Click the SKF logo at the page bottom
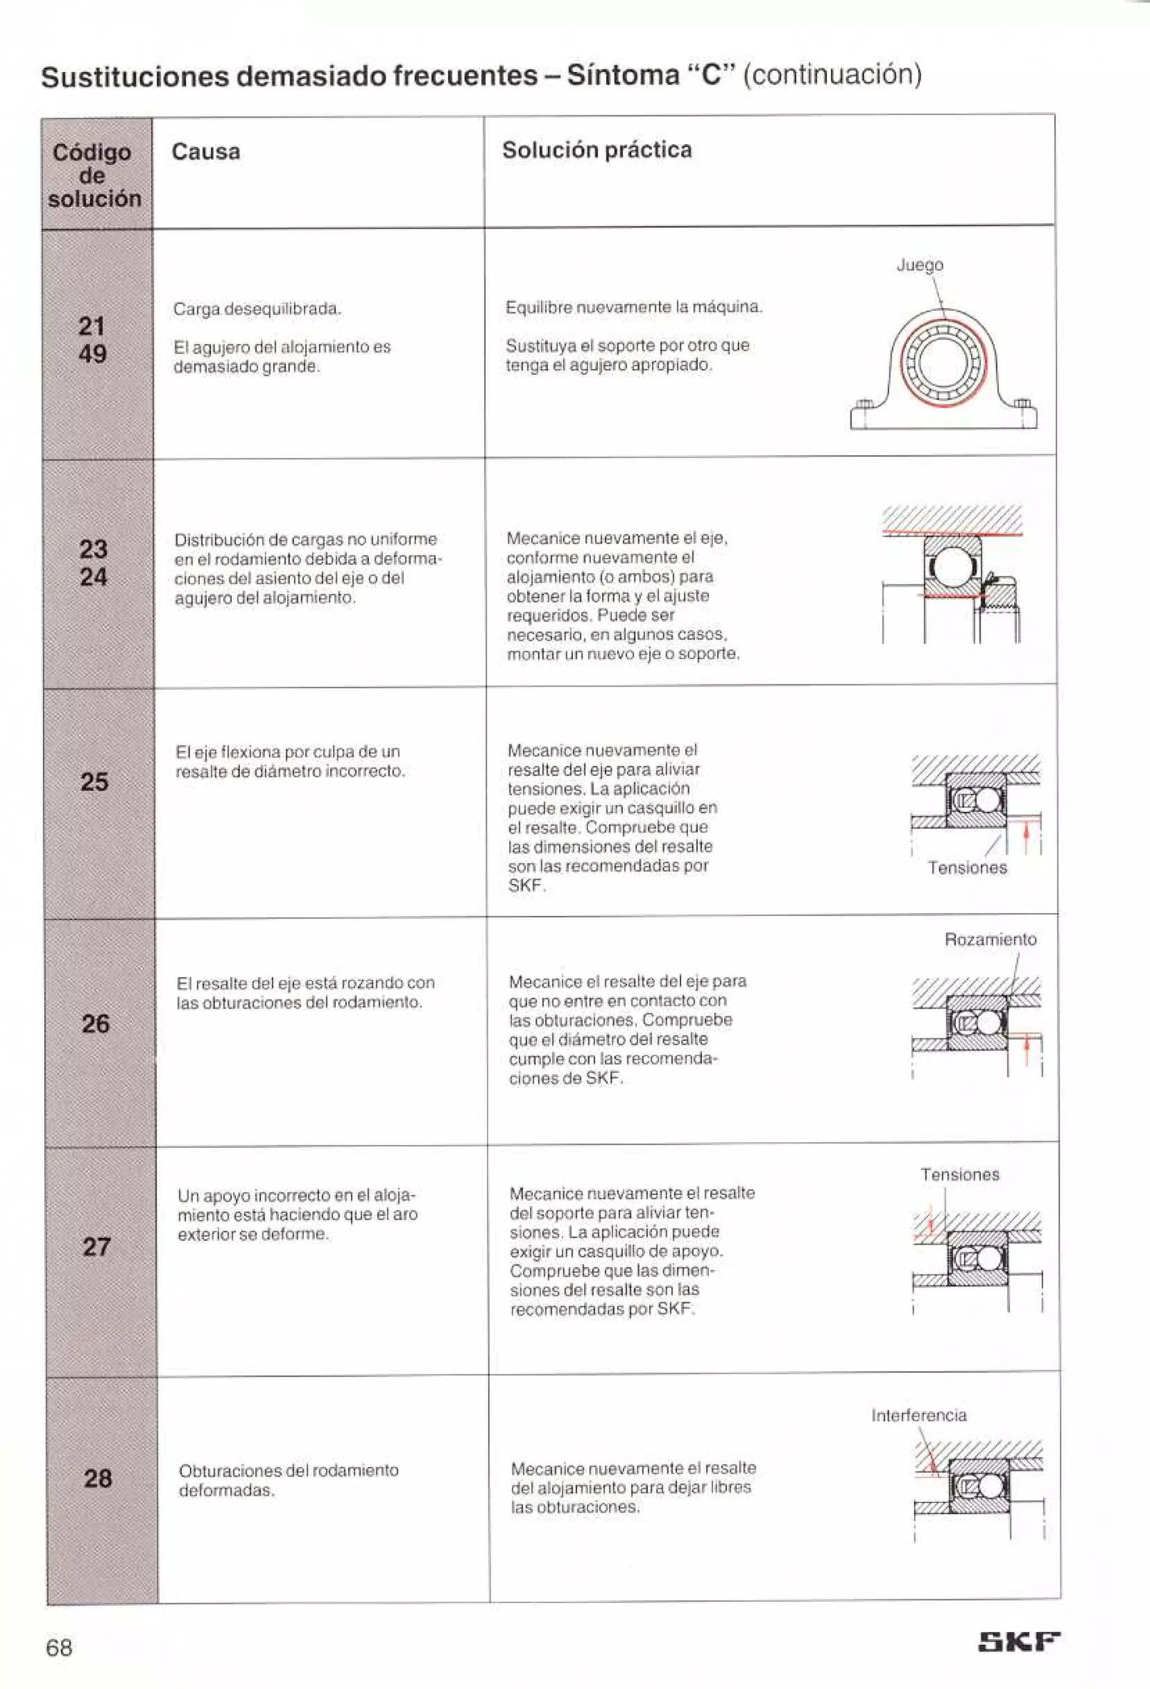1019,1641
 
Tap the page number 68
59,1647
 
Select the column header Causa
206,151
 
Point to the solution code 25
94,782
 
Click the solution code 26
95,1024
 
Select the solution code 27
97,1247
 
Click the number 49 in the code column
92,354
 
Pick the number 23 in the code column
93,549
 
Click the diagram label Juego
920,265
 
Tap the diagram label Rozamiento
990,939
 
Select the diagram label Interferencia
919,1415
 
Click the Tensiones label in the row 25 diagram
967,868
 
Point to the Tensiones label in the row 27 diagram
960,1174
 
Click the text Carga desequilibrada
257,309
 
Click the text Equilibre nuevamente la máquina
633,307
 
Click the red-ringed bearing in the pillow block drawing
942,361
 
